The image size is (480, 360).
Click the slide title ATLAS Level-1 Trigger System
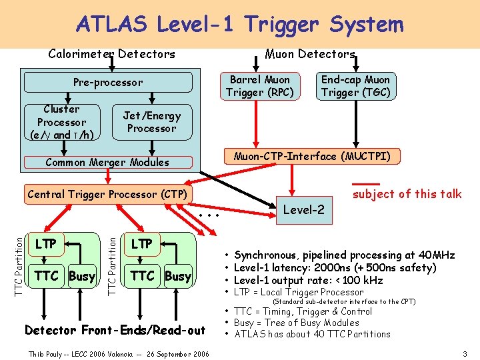pyautogui.click(x=240, y=25)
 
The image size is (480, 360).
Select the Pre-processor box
pyautogui.click(x=108, y=83)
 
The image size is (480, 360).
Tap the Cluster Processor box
pyautogui.click(x=62, y=122)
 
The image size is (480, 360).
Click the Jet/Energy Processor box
pyautogui.click(x=151, y=122)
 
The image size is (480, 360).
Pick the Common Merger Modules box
pyautogui.click(x=107, y=162)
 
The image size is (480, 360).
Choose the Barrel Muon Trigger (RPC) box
pyautogui.click(x=259, y=86)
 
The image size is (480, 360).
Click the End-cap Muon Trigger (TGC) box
pyautogui.click(x=355, y=86)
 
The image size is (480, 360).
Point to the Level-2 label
pyautogui.click(x=304, y=210)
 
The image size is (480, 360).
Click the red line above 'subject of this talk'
pyautogui.click(x=365, y=183)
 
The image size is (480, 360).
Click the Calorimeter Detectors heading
pyautogui.click(x=112, y=54)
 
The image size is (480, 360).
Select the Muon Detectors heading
pyautogui.click(x=310, y=53)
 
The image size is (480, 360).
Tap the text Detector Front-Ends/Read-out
pyautogui.click(x=115, y=330)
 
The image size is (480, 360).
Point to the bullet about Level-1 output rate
pyautogui.click(x=308, y=280)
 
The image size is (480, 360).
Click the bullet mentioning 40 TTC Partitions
pyautogui.click(x=312, y=334)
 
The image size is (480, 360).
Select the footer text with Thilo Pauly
pyautogui.click(x=119, y=353)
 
